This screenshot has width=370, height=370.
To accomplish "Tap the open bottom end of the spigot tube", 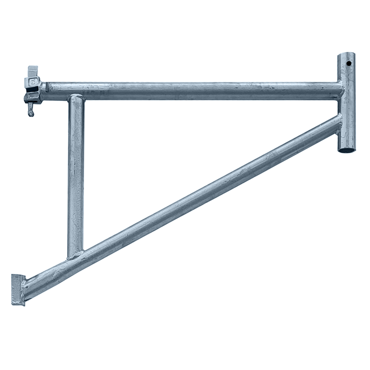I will pyautogui.click(x=347, y=150).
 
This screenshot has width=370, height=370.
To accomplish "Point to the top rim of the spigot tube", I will pyautogui.click(x=346, y=54).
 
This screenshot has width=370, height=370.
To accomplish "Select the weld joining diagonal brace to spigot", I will pyautogui.click(x=339, y=122).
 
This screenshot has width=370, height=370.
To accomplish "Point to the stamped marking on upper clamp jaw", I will pyautogui.click(x=33, y=83).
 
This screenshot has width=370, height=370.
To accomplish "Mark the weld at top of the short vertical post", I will pyautogui.click(x=76, y=98).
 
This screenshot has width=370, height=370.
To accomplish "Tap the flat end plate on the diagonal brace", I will pyautogui.click(x=18, y=289).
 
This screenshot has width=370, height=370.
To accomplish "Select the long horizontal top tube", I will pyautogui.click(x=194, y=91).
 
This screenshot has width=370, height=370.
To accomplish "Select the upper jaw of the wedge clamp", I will pyautogui.click(x=33, y=83).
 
